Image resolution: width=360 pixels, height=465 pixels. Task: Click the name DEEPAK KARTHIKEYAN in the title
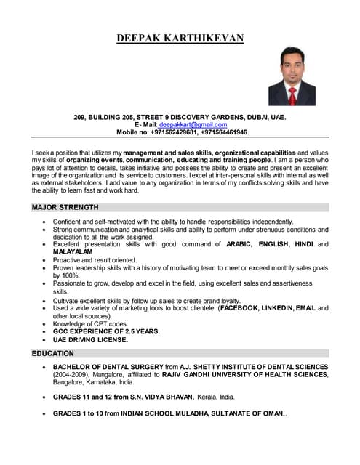click(x=180, y=39)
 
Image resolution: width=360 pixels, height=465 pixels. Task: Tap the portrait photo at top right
click(x=292, y=76)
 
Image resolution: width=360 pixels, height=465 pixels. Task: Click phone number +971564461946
click(x=224, y=133)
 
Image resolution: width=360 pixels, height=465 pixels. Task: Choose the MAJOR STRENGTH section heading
click(x=65, y=207)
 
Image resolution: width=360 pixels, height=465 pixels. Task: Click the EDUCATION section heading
click(x=53, y=354)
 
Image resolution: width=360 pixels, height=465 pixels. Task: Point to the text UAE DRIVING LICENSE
click(x=91, y=339)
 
